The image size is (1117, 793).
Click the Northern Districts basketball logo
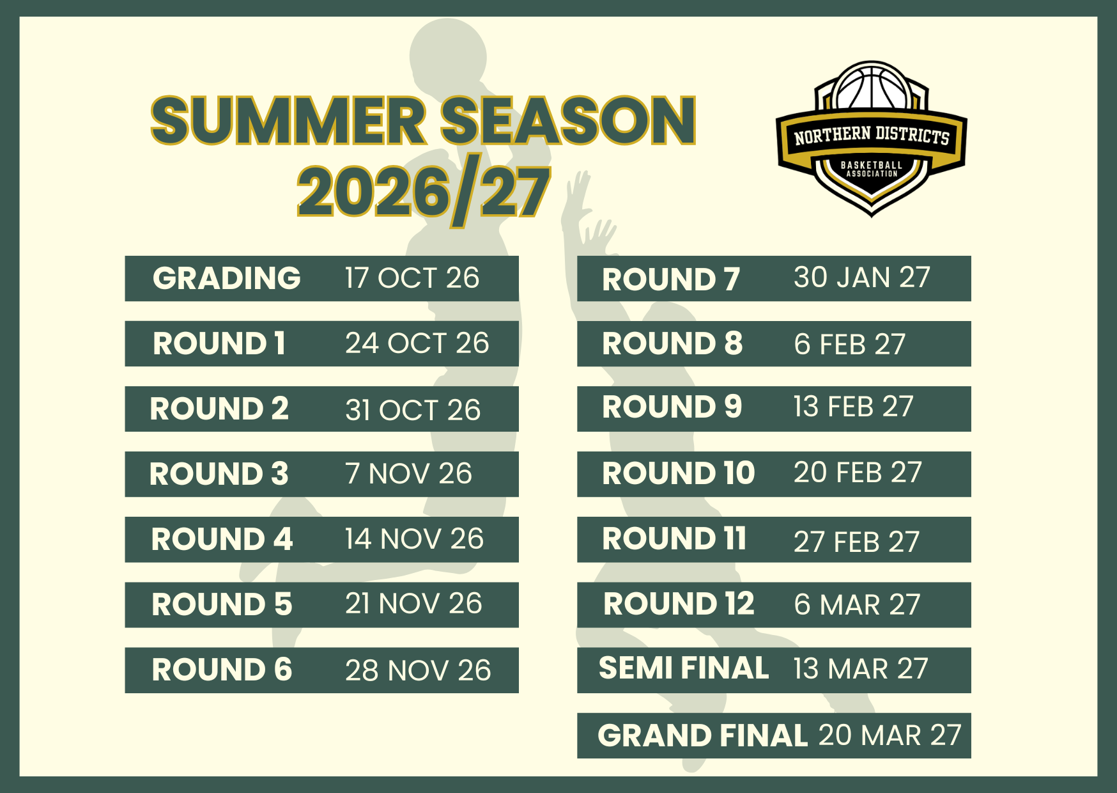tap(872, 139)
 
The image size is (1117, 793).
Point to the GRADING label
tap(227, 278)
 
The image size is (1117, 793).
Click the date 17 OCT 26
tap(412, 278)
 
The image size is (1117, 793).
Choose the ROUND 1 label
tap(219, 343)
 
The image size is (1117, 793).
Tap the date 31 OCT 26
tap(413, 410)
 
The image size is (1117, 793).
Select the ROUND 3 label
tap(219, 474)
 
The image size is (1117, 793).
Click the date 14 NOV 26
tap(415, 539)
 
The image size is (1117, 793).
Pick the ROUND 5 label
tap(222, 604)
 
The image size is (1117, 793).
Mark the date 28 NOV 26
tap(418, 670)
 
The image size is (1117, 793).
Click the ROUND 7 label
tap(671, 279)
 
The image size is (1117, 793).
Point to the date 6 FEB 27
tap(850, 345)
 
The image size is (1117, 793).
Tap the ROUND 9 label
tap(672, 407)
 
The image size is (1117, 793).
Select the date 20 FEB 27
tap(858, 473)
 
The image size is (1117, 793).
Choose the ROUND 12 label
tap(679, 604)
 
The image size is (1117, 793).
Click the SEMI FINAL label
tap(684, 668)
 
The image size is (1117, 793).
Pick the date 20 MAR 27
tap(890, 735)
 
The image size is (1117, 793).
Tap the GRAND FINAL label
tap(703, 735)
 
